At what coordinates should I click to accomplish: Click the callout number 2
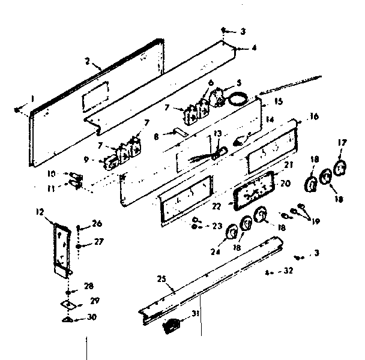pyautogui.click(x=88, y=62)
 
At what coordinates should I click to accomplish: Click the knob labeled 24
pyautogui.click(x=229, y=242)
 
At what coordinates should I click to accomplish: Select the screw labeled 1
pyautogui.click(x=19, y=109)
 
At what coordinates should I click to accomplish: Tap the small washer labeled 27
pyautogui.click(x=79, y=246)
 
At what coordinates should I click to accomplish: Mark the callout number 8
pyautogui.click(x=156, y=137)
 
